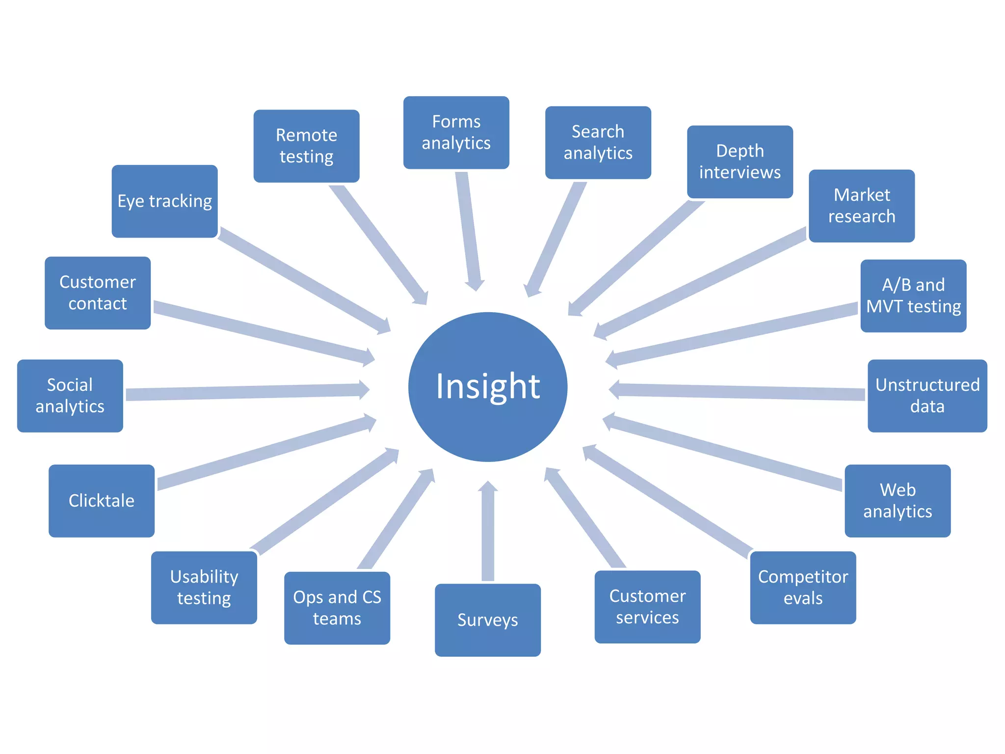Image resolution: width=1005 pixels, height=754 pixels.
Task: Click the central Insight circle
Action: click(488, 387)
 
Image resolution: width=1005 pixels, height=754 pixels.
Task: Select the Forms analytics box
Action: click(456, 133)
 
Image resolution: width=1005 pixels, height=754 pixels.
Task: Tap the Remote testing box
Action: click(306, 146)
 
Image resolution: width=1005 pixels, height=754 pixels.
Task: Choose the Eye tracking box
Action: click(164, 201)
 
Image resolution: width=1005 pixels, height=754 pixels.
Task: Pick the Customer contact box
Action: click(98, 293)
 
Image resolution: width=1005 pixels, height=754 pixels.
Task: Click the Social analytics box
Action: click(70, 396)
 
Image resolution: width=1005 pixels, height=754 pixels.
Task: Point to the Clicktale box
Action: click(102, 501)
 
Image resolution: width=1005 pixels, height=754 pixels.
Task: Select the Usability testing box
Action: click(204, 588)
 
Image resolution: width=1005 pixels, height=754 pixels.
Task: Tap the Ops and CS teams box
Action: click(337, 608)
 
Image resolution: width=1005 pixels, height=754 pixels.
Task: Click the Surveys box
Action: click(488, 620)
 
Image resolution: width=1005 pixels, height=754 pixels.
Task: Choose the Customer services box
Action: click(647, 607)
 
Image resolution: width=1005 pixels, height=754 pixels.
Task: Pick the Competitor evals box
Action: click(803, 588)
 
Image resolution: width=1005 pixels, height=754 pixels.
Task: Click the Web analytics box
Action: click(898, 501)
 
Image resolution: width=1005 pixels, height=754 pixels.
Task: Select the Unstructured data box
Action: click(927, 396)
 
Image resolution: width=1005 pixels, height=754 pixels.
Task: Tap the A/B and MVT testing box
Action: click(913, 296)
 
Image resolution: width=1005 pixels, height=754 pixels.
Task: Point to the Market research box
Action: click(862, 206)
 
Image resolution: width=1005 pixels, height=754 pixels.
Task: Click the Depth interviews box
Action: click(740, 162)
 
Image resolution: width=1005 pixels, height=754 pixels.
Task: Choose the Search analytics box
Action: click(598, 142)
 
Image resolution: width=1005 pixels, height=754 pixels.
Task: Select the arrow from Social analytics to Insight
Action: click(245, 392)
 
